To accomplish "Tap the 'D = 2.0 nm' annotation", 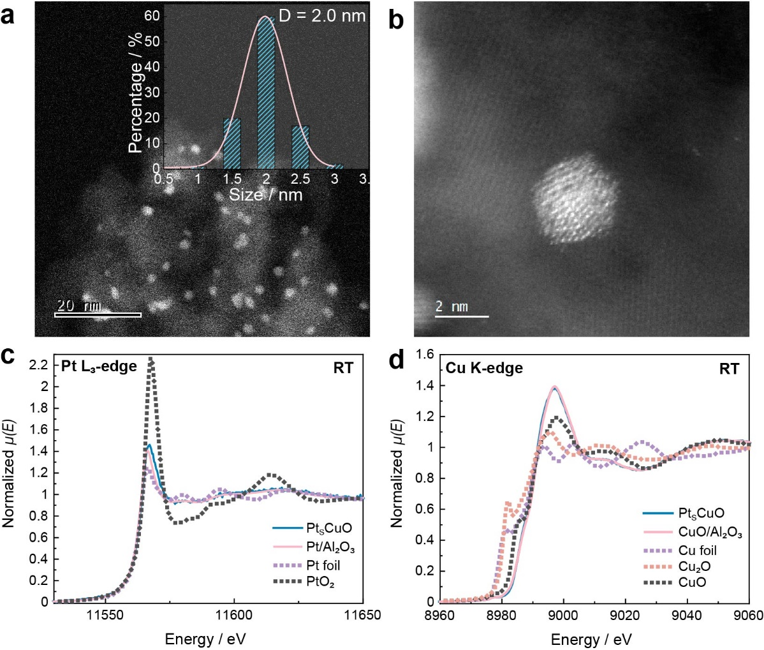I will coord(322,15).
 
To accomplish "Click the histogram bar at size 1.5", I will coord(231,144).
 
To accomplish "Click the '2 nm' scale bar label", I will coord(452,307).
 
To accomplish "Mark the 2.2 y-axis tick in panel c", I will coord(40,365).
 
